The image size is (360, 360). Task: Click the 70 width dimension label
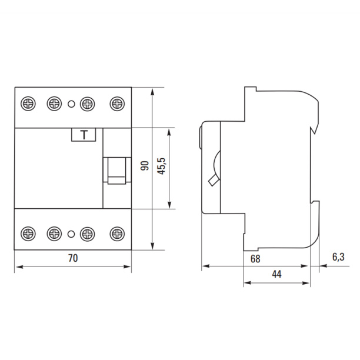73,258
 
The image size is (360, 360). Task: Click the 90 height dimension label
145,166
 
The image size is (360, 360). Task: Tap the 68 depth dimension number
255,259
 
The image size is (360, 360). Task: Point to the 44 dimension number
276,274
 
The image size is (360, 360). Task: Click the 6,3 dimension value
338,257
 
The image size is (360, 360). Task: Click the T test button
84,135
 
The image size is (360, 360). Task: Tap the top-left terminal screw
28,104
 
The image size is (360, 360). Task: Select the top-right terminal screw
117,104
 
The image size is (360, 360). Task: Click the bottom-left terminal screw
28,234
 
